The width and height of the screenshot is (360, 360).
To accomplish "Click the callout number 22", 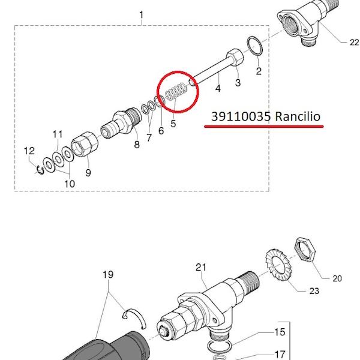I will [353, 42].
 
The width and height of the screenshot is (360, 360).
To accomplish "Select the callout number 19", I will [107, 275].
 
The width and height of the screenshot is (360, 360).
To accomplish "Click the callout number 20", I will [337, 278].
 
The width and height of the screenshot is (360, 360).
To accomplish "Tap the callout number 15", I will [280, 332].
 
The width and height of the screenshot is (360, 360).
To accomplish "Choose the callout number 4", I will [218, 88].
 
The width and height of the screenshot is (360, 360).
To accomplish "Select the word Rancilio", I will [299, 116].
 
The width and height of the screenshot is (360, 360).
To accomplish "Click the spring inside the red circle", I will [175, 92].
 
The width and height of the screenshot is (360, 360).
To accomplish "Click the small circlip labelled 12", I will [40, 167].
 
